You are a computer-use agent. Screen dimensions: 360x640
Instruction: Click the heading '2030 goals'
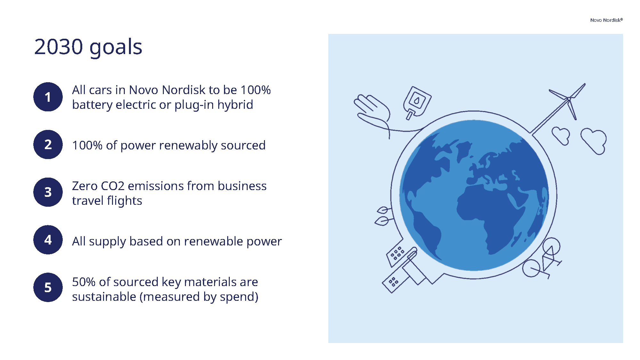[x=88, y=47]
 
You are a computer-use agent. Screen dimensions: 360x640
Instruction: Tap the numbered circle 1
[x=48, y=97]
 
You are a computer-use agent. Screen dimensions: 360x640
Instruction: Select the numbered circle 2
[x=48, y=145]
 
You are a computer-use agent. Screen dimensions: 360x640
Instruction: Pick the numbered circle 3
[x=48, y=192]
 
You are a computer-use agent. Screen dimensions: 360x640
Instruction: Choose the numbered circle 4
[x=48, y=240]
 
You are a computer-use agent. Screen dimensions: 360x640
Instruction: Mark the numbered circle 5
[x=48, y=287]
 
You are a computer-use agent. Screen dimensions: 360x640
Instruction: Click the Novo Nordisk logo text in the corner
[x=606, y=20]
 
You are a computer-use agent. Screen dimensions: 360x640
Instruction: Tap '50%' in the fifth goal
[x=84, y=282]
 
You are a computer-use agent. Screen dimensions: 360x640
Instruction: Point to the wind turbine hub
[x=569, y=99]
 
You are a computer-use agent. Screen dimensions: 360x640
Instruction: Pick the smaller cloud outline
[x=561, y=135]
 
